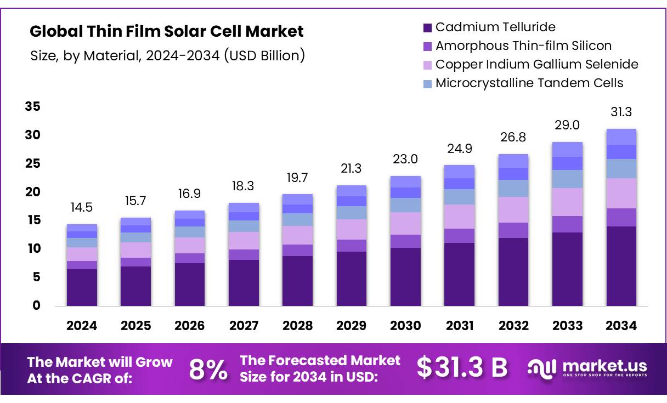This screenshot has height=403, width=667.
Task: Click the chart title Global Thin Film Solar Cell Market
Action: tap(167, 31)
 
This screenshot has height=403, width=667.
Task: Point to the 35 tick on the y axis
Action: tap(32, 106)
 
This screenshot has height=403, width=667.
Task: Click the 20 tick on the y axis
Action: tap(32, 192)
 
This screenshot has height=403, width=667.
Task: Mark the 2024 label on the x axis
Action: tap(81, 326)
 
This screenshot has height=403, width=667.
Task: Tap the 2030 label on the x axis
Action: tap(405, 326)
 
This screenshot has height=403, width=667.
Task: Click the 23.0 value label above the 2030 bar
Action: tap(405, 160)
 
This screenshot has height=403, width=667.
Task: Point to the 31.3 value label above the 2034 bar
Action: tap(621, 112)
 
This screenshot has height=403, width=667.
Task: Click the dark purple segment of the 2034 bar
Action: tap(621, 266)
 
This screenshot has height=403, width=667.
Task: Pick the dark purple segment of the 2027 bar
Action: tap(244, 283)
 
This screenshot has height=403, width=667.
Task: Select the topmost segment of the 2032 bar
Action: tap(513, 161)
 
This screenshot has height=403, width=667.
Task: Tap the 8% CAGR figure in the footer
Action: tap(208, 370)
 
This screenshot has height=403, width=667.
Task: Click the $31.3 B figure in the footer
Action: tap(462, 367)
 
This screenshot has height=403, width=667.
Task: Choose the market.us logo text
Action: tap(603, 366)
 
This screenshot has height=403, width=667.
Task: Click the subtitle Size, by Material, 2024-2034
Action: tap(167, 55)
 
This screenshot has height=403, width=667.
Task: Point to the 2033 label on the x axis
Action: tap(567, 326)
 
